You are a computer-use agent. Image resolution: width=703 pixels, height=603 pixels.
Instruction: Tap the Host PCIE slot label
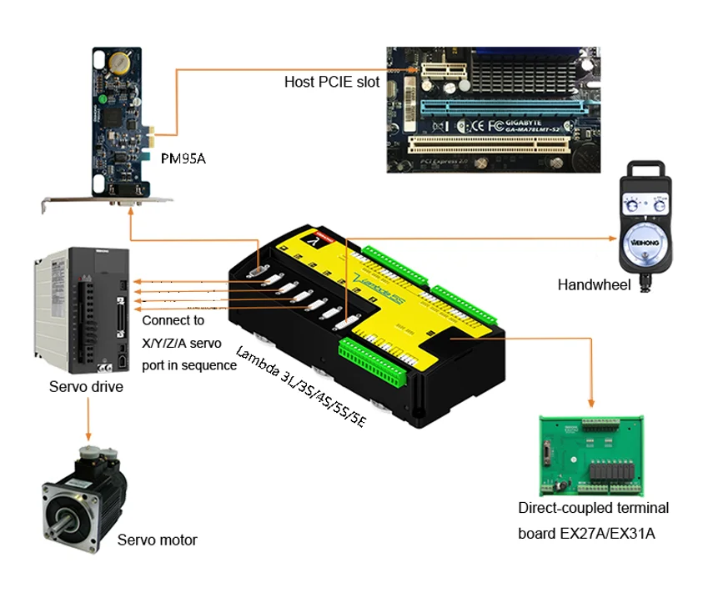tap(332, 82)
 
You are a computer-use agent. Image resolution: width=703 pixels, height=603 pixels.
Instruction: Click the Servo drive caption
tap(87, 386)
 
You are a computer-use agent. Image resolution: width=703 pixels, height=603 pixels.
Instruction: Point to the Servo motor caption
tap(158, 540)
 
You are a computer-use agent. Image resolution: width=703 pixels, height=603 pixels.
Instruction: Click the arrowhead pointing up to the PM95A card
tap(130, 211)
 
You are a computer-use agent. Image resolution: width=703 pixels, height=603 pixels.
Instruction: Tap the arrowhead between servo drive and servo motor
tap(88, 436)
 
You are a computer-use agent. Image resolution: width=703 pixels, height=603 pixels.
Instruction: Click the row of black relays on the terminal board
tap(613, 472)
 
